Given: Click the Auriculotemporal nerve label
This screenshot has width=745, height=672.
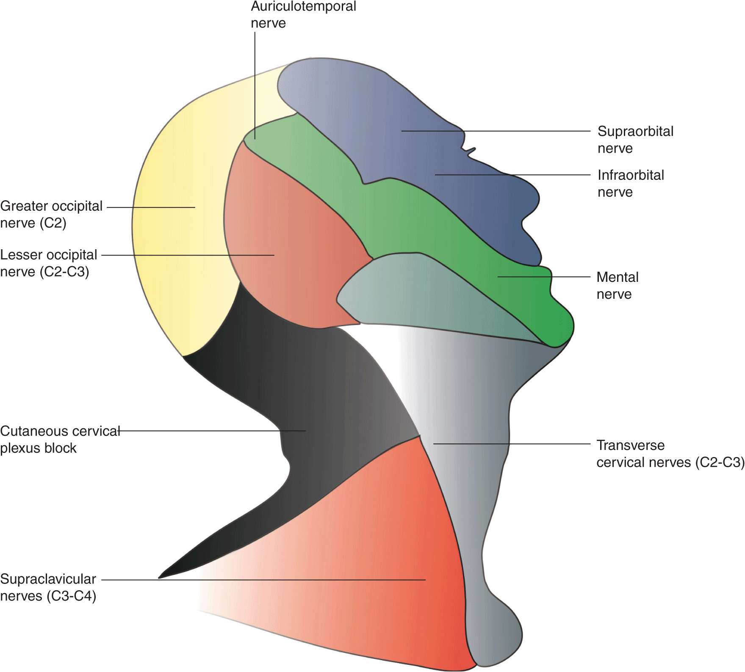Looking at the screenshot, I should point(303,14).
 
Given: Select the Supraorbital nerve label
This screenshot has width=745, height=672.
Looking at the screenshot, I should point(635,140).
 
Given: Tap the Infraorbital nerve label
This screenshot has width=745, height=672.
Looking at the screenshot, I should point(631,183).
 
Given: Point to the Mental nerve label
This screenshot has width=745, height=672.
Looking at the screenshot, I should point(617,286).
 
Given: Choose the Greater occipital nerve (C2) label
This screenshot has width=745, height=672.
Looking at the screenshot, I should point(51,215).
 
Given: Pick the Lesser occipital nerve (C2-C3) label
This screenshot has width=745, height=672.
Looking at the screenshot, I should point(48,263).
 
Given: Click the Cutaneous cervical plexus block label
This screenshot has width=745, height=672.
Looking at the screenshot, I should point(59,439).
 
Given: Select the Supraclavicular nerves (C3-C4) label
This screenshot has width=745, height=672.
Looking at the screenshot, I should point(48,587).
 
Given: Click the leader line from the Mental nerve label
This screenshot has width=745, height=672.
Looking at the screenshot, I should point(546,277).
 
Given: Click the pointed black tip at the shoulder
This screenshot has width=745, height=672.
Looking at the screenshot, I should point(163,576).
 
